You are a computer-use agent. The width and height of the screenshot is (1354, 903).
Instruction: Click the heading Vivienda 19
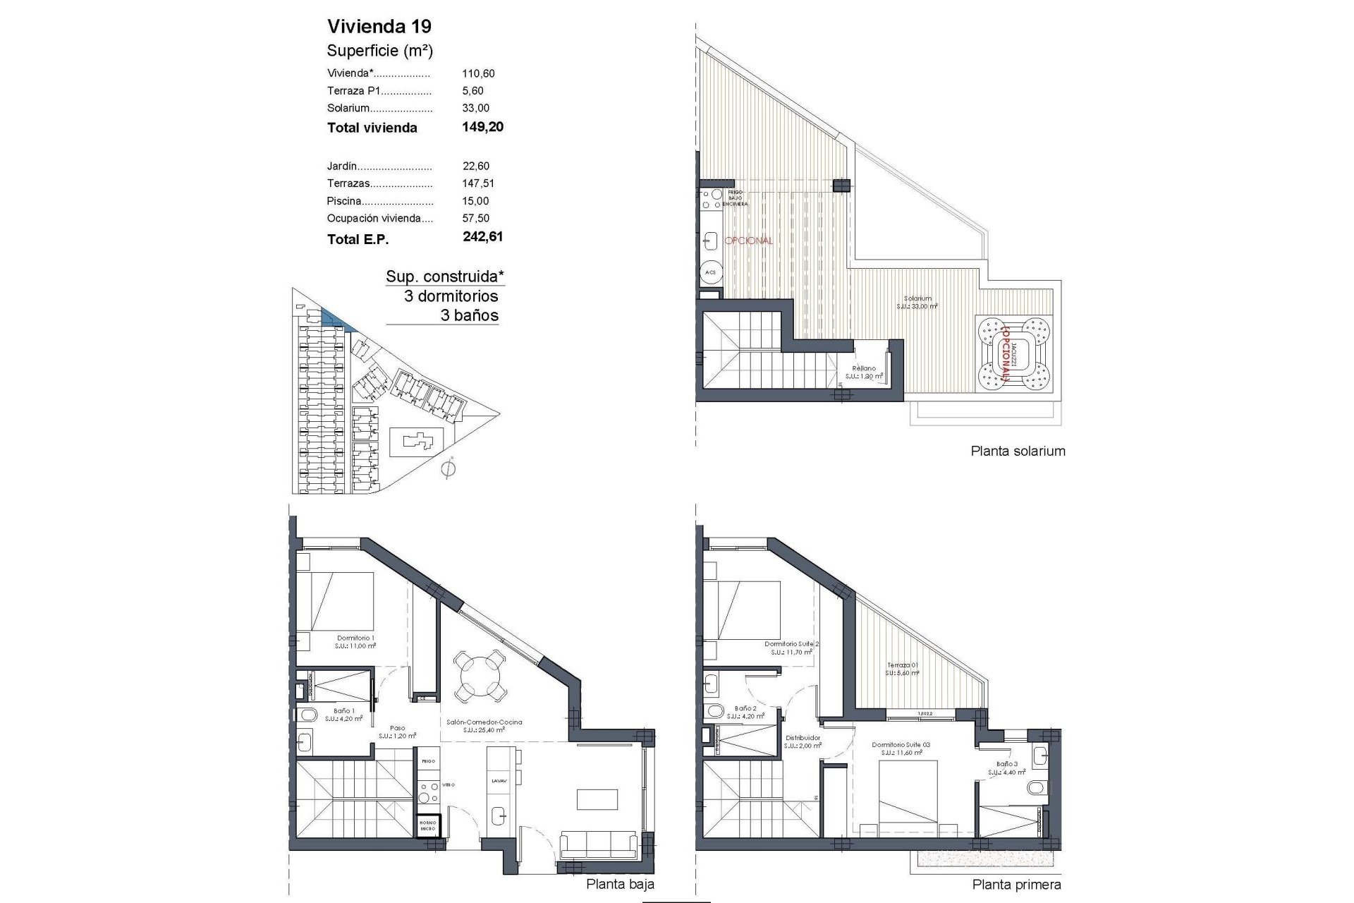pos(379,27)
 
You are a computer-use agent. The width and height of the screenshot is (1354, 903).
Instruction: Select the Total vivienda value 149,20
pos(483,127)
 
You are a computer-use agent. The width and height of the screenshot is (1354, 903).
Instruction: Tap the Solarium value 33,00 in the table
pos(476,108)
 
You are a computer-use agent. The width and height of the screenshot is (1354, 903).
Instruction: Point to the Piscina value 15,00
pos(476,201)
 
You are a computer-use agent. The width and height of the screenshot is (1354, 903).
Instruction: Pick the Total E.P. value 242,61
pos(483,237)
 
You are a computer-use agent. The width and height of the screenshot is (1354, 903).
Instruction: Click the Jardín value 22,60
pos(476,166)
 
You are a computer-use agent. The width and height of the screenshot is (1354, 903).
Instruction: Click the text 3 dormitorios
pos(451,296)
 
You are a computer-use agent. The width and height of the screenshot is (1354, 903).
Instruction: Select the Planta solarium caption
pos(1018,451)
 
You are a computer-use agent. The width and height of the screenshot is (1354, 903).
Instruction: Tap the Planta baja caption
pos(620,884)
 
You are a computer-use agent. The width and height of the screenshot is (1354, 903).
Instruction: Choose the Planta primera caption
pos(1016,884)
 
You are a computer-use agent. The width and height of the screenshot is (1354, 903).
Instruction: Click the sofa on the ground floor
pos(599,844)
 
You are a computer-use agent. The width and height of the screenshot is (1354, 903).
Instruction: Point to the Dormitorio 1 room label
pos(355,638)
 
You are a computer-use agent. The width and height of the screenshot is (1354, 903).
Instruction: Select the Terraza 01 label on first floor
pos(903,665)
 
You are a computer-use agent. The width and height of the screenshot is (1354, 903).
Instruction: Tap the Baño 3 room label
pos(1006,764)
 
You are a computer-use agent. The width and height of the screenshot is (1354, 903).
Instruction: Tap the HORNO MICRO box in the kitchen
pos(428,825)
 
